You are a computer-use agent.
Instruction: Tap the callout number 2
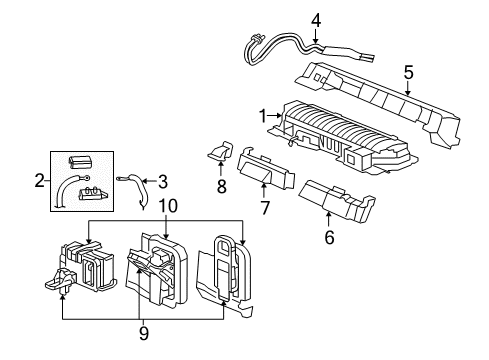(x=38, y=180)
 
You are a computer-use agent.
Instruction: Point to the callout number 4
(x=315, y=19)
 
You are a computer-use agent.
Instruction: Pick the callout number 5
(x=408, y=72)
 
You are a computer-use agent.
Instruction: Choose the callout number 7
(x=265, y=207)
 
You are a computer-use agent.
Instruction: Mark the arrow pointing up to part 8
(x=220, y=170)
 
